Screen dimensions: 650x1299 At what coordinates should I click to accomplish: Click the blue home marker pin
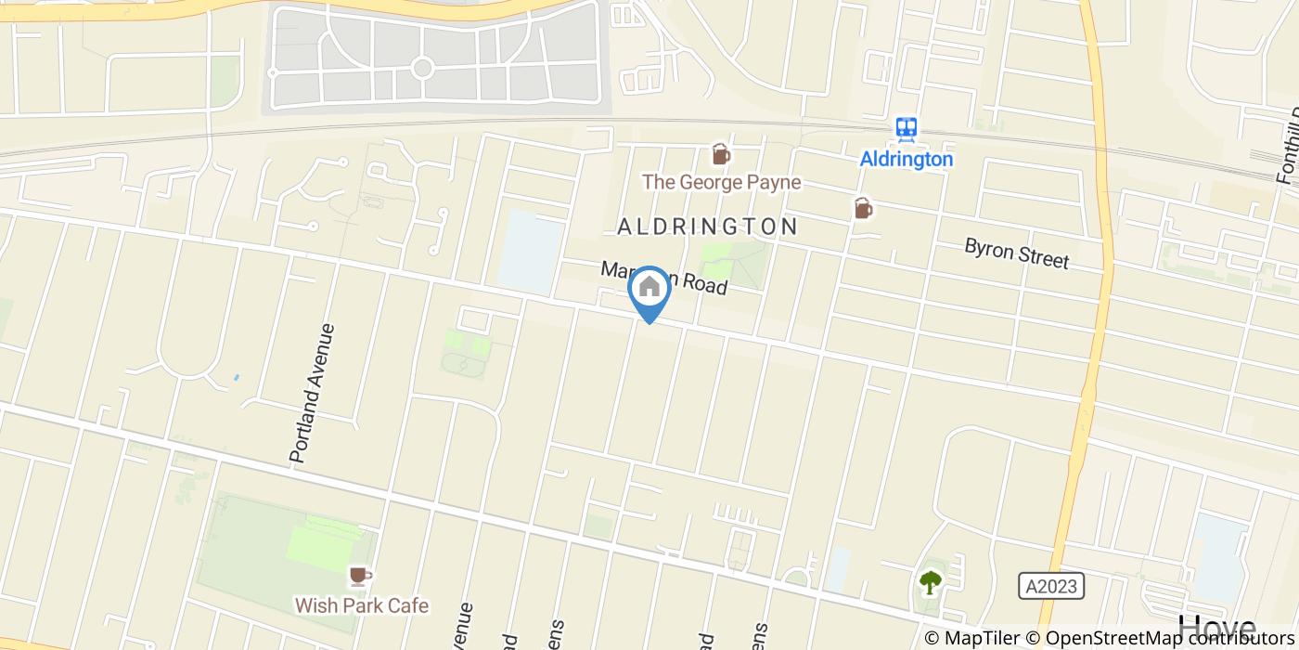point(649,289)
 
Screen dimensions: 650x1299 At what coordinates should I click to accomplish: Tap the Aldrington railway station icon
point(906,129)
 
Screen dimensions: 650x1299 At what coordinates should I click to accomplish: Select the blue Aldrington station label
point(906,159)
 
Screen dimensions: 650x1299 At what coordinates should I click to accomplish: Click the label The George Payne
point(721,182)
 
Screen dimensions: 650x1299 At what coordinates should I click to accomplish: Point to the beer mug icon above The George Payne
point(720,154)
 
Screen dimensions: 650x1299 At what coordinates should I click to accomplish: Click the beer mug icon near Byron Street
point(863,208)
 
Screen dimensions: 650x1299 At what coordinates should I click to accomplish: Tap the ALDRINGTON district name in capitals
point(707,227)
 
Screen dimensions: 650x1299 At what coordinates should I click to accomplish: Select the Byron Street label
point(1016,253)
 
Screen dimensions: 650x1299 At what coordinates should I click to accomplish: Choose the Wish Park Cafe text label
point(362,605)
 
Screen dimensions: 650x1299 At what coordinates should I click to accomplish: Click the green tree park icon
point(930,582)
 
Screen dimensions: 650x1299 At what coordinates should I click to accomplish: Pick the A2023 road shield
point(1051,586)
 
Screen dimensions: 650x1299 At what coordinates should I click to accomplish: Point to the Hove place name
point(1216,629)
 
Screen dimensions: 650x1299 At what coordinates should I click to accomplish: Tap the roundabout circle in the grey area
point(422,67)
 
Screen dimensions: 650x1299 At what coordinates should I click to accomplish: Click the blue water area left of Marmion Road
point(530,251)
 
